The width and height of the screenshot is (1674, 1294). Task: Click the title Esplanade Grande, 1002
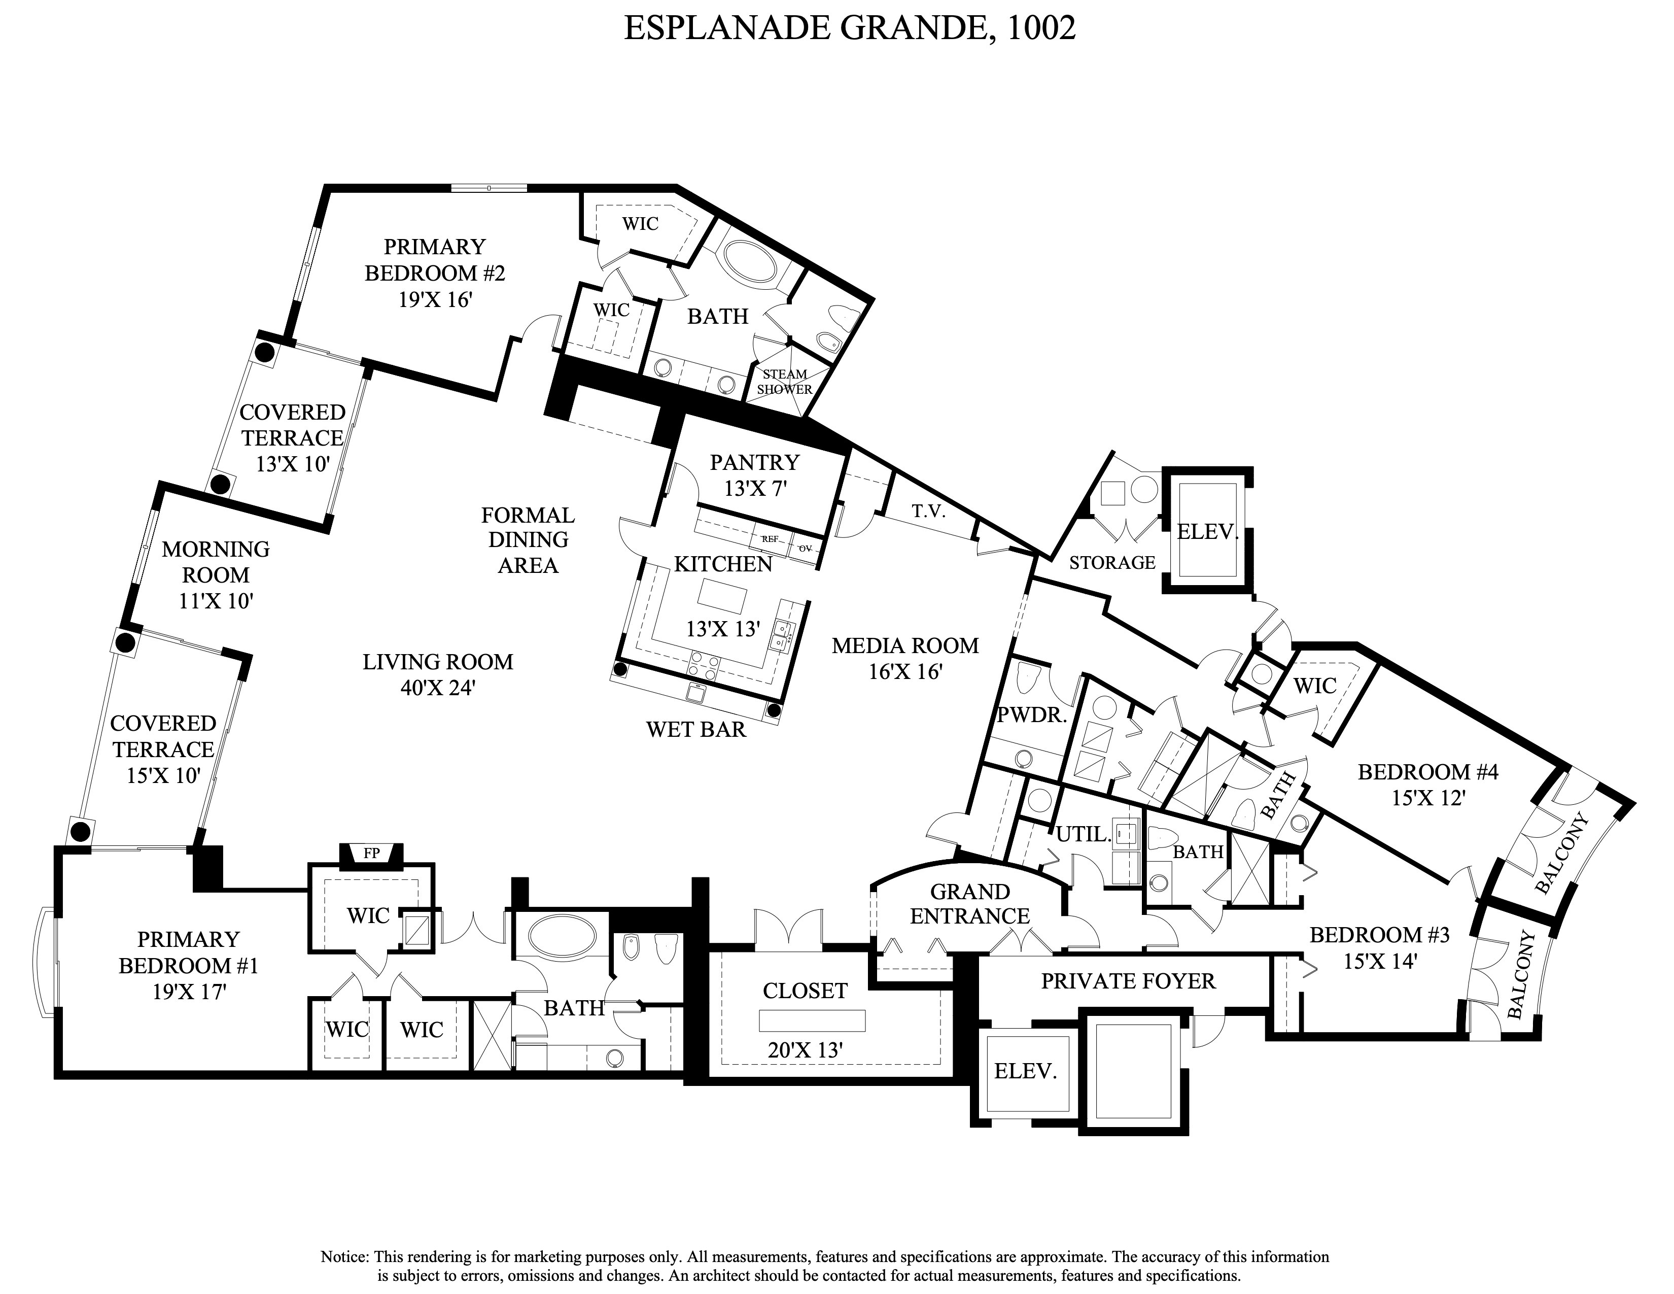(849, 28)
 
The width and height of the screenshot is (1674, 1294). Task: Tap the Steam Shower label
(784, 382)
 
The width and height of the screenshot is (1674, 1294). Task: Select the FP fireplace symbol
(371, 853)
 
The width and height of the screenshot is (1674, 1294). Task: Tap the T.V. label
(928, 512)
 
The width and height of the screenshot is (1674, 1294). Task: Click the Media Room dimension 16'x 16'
(904, 671)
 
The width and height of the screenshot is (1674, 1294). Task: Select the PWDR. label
(1032, 715)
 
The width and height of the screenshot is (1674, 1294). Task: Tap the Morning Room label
(216, 562)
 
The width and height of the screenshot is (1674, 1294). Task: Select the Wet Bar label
(696, 729)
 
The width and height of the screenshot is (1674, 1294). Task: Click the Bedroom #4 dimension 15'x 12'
(1428, 798)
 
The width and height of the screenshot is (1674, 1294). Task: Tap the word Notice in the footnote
(345, 1256)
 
